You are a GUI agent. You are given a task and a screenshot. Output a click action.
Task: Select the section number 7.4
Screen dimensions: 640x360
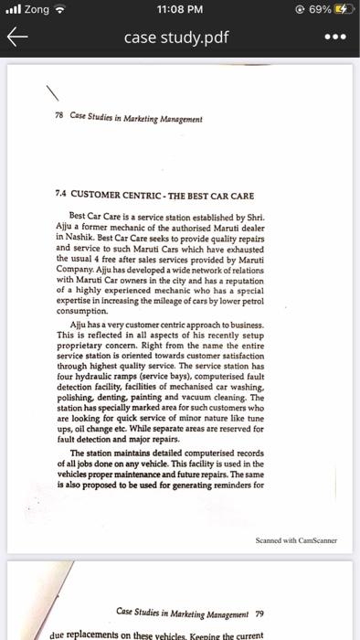point(63,194)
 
